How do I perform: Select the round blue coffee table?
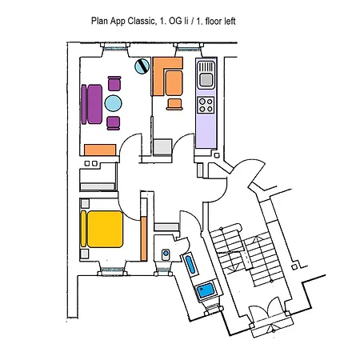113,103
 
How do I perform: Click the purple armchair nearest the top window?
114,83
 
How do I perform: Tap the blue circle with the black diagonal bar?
142,66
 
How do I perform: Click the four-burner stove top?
206,105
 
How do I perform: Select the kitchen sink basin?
206,79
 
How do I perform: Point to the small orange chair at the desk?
174,104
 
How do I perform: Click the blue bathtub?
190,264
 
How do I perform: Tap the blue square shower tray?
206,290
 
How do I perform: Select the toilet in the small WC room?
166,254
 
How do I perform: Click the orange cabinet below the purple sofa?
100,150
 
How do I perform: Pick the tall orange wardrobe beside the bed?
144,238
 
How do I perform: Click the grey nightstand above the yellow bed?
85,203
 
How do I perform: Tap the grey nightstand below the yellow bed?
85,254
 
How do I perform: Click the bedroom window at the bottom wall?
112,271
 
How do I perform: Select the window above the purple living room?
115,46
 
